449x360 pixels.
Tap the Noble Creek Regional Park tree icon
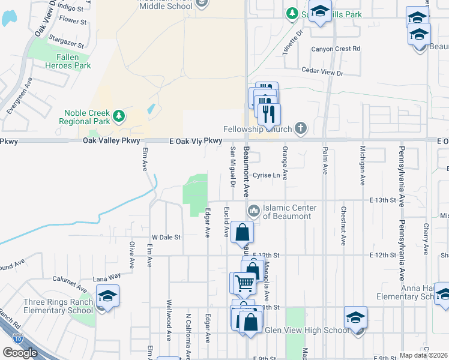pyautogui.click(x=119, y=115)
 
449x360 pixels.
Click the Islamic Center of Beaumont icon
pyautogui.click(x=253, y=211)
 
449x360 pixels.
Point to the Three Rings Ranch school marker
pyautogui.click(x=108, y=296)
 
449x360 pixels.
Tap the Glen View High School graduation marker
pyautogui.click(x=356, y=317)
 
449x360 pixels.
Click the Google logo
pyautogui.click(x=20, y=352)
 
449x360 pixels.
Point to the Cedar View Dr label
pyautogui.click(x=322, y=73)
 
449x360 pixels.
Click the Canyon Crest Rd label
pyautogui.click(x=336, y=48)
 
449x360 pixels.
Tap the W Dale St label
pyautogui.click(x=166, y=237)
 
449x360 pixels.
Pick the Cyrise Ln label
pyautogui.click(x=267, y=176)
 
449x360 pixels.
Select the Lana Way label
pyautogui.click(x=107, y=278)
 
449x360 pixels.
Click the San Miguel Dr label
pyautogui.click(x=233, y=161)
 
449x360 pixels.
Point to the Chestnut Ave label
pyautogui.click(x=343, y=226)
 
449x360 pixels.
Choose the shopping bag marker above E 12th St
pyautogui.click(x=241, y=232)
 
